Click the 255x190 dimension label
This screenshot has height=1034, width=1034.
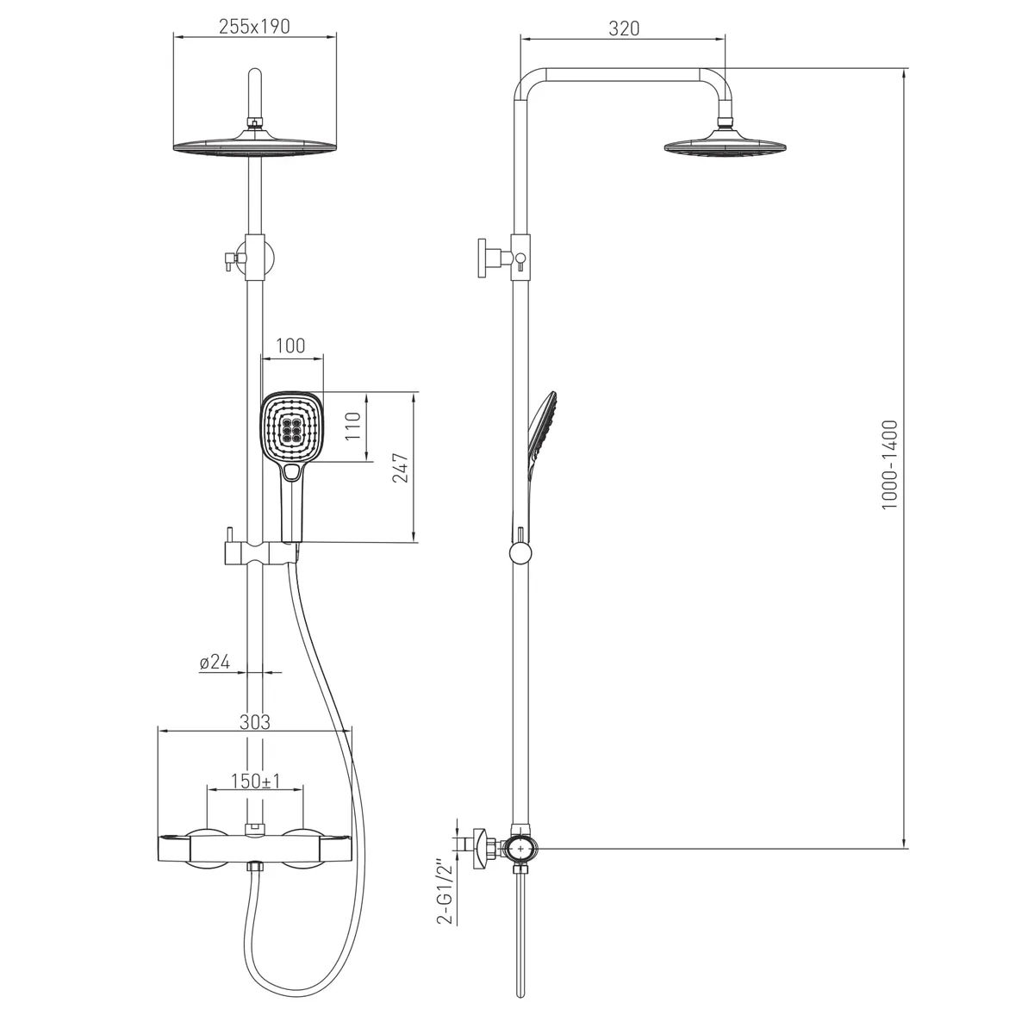(254, 27)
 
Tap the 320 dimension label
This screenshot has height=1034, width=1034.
(624, 28)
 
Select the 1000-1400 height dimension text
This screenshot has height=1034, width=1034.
(889, 464)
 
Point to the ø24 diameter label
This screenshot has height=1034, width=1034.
(214, 662)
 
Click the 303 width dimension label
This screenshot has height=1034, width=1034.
(254, 722)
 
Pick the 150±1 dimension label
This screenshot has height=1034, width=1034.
(255, 782)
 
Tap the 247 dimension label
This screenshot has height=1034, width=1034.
(401, 468)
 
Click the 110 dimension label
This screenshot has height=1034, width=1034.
(352, 426)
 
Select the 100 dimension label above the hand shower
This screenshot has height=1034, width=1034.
(290, 346)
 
